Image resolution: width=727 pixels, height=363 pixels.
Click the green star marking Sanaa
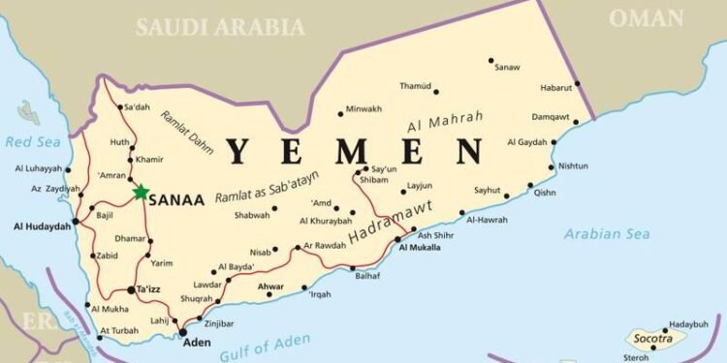142,193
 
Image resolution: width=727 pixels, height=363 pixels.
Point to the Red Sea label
26,142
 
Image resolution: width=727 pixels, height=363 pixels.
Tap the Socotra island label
654,341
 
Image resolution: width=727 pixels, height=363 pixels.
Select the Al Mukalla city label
419,249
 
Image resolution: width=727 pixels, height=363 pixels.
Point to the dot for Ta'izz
131,289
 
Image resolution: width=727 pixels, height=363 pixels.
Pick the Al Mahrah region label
445,123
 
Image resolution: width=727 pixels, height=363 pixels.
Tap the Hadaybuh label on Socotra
688,325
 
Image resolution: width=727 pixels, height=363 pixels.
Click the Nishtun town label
573,166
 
